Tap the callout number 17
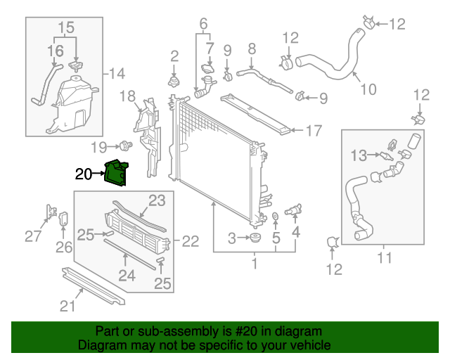(313, 130)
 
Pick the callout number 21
(67, 305)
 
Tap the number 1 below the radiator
(255, 264)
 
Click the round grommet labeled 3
(255, 240)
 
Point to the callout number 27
(33, 236)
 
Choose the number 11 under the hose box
(384, 257)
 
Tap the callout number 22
(191, 242)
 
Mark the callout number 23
(156, 200)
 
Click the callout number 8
(251, 49)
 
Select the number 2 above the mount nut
(174, 56)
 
